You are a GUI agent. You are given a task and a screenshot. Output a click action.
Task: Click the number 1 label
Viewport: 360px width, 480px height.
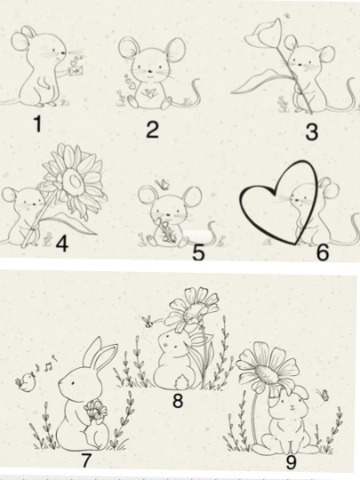(37, 124)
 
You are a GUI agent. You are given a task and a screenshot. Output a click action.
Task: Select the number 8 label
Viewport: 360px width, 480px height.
(178, 400)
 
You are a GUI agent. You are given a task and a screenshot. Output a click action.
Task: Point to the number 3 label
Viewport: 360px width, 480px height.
(312, 132)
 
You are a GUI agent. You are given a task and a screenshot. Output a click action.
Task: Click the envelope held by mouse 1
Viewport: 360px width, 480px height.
(76, 71)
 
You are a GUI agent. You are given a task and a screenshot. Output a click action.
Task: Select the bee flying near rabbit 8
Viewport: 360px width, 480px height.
(148, 322)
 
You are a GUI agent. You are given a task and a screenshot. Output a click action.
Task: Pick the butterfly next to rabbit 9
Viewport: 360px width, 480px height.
(324, 394)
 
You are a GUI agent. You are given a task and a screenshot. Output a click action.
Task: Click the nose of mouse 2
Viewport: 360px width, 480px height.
(150, 71)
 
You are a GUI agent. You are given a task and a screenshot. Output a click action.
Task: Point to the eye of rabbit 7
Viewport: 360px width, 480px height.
(74, 382)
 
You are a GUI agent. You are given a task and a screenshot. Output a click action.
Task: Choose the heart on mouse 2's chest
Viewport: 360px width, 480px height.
(150, 92)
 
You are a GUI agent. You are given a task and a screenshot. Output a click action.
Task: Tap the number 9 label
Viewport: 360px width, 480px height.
(291, 462)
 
